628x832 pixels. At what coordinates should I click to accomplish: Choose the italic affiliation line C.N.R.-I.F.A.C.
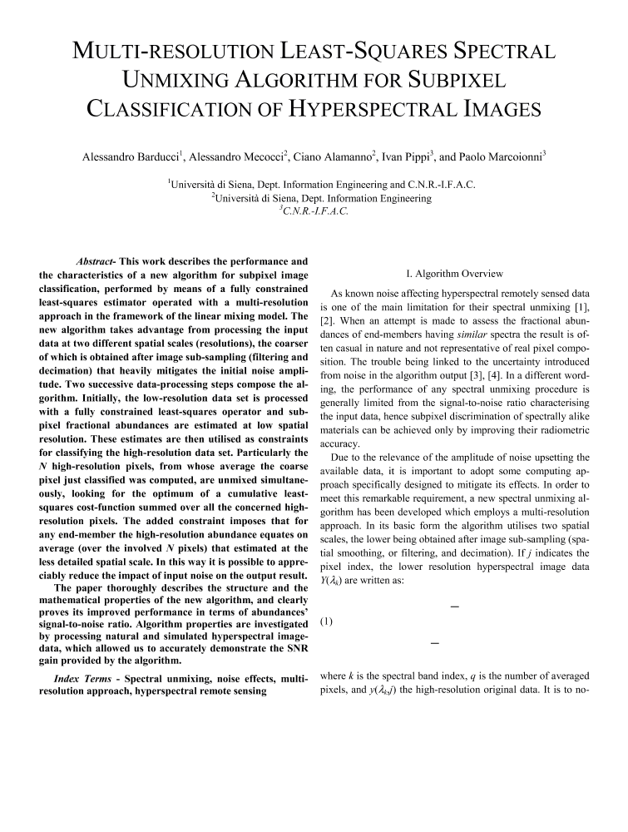point(314,210)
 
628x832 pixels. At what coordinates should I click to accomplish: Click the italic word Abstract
point(96,260)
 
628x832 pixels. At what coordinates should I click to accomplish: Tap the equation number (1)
point(326,620)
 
